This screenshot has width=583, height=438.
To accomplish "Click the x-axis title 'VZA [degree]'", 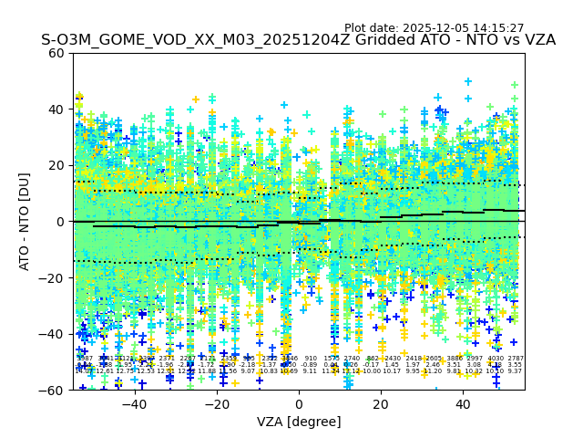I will [299, 422].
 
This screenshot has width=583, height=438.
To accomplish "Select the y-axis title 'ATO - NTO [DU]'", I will [25, 221].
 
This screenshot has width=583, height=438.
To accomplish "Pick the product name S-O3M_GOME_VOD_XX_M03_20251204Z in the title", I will [176, 40].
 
